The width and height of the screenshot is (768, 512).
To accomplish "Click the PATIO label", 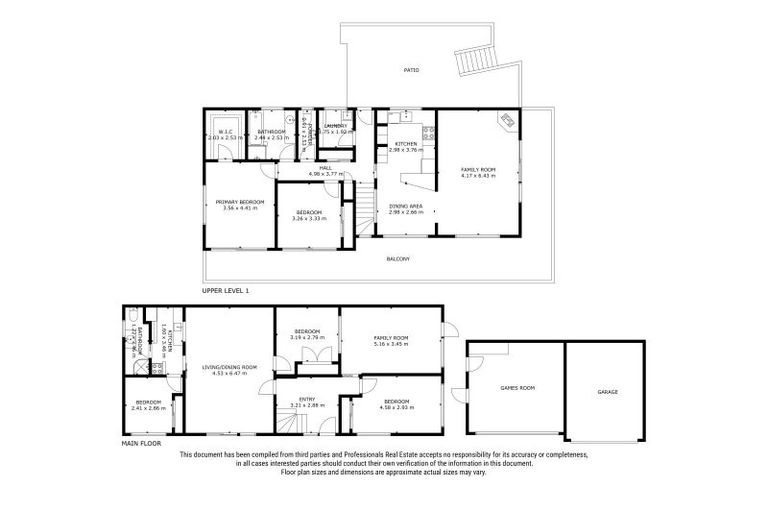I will tap(411, 71).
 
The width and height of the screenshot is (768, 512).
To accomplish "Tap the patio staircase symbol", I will tap(473, 63).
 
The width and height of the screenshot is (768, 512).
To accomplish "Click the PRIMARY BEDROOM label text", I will tap(239, 202).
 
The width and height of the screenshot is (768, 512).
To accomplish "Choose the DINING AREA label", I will tap(405, 206).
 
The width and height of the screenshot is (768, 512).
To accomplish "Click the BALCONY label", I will tap(398, 259).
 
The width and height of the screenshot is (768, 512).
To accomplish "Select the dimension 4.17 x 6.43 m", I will tap(478, 176).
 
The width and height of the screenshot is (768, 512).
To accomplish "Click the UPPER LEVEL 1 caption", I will tap(226, 290).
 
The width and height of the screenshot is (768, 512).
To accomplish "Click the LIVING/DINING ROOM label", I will tap(229, 367).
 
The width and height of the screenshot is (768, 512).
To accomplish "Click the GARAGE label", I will tap(608, 391).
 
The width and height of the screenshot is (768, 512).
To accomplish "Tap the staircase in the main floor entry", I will tap(287, 425).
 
